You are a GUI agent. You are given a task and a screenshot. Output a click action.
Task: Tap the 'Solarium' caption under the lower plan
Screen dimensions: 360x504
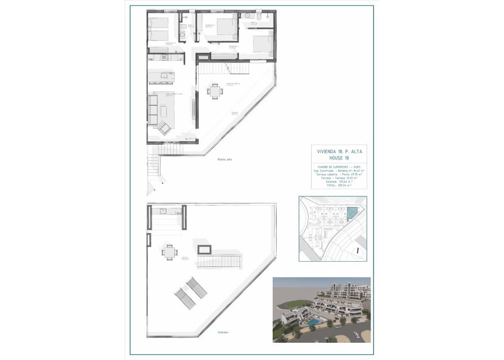tap(224, 332)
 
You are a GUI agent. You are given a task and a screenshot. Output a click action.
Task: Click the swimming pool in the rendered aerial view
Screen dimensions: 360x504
tap(313, 322)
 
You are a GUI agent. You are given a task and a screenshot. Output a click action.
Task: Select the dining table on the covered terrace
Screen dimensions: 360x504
tap(214, 91)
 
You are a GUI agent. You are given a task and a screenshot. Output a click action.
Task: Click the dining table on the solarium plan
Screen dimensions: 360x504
tap(169, 252)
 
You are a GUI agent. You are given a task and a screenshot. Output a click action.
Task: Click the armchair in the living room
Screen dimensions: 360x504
tap(164, 128)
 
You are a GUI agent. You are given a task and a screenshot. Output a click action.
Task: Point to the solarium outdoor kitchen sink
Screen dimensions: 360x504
tap(165, 212)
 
